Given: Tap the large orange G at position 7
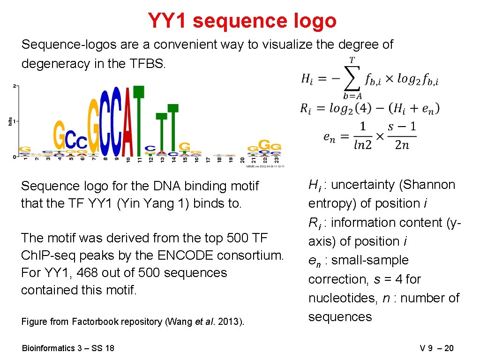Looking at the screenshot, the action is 93,127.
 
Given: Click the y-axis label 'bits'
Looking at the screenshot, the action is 10,121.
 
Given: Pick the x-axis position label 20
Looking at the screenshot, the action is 242,160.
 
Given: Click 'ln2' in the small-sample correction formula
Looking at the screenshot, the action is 362,145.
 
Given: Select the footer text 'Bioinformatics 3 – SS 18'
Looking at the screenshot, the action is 68,348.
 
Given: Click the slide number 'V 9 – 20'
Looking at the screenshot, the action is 436,348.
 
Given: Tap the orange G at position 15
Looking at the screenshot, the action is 185,146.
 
